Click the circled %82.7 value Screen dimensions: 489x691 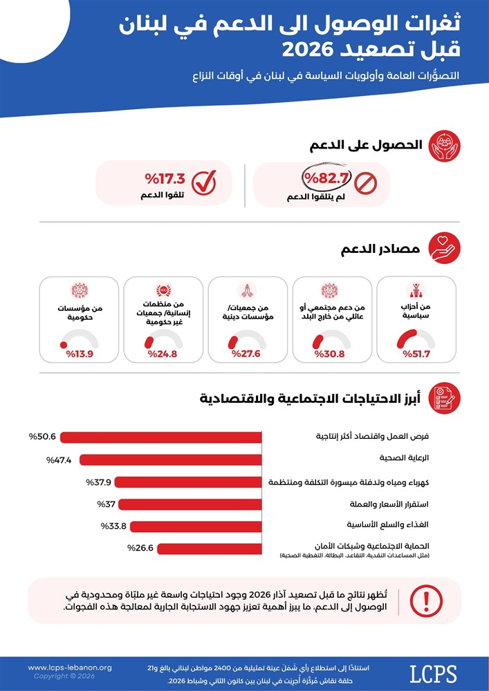[x=326, y=179]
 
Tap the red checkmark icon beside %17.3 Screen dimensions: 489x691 [x=204, y=182]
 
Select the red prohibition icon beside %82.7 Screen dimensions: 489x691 [x=365, y=182]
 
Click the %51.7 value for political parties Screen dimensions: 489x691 [x=416, y=354]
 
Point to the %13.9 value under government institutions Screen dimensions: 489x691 [x=80, y=354]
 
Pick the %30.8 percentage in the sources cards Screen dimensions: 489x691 [x=329, y=354]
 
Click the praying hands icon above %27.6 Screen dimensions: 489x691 [x=248, y=290]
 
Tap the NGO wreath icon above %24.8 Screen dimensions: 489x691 [x=164, y=290]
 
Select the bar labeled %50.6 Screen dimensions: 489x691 [x=161, y=437]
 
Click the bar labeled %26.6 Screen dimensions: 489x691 [x=210, y=549]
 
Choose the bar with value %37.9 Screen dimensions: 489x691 [x=188, y=482]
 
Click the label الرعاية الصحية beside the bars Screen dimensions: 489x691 [x=405, y=458]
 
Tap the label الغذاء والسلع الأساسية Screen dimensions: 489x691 [x=388, y=524]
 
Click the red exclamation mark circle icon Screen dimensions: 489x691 [x=426, y=600]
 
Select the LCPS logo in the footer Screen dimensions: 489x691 [x=433, y=674]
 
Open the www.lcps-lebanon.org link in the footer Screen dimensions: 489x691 [x=70, y=668]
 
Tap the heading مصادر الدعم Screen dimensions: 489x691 [x=380, y=249]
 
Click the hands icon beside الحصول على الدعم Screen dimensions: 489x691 [x=446, y=145]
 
